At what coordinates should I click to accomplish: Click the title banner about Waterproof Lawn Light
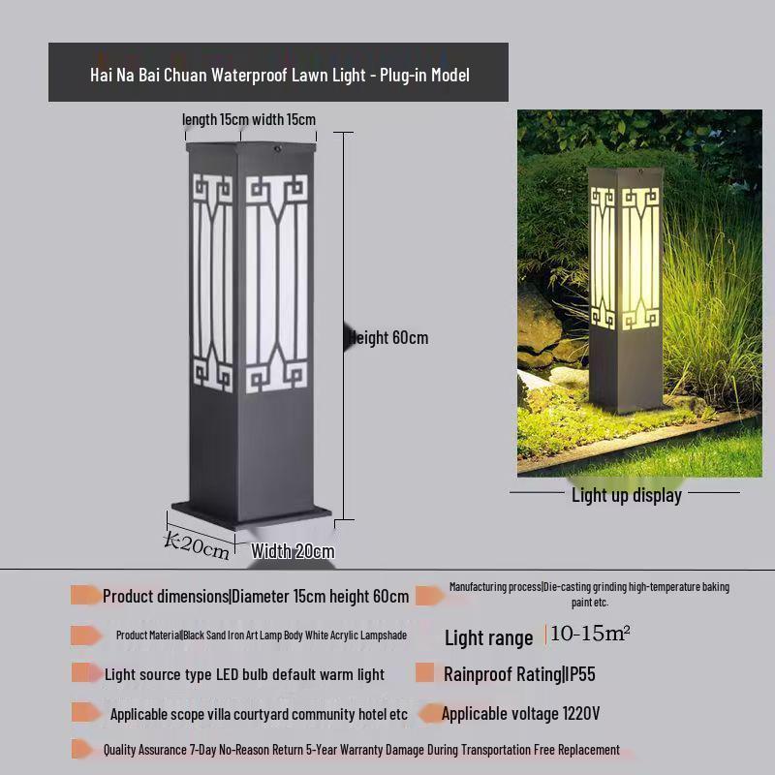278,74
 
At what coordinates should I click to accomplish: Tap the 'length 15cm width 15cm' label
249,119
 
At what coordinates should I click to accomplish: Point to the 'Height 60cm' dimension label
388,338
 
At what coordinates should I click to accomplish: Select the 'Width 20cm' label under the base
293,551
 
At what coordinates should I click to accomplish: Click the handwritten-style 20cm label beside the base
198,545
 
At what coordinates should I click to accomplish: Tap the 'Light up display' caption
626,495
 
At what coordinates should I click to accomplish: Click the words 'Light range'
488,637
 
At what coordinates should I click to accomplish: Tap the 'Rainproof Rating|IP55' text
519,673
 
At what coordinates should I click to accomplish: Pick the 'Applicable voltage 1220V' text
520,714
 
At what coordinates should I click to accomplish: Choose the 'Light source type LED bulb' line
244,674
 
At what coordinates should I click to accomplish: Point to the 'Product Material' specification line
261,635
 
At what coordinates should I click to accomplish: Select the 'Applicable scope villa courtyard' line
259,714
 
